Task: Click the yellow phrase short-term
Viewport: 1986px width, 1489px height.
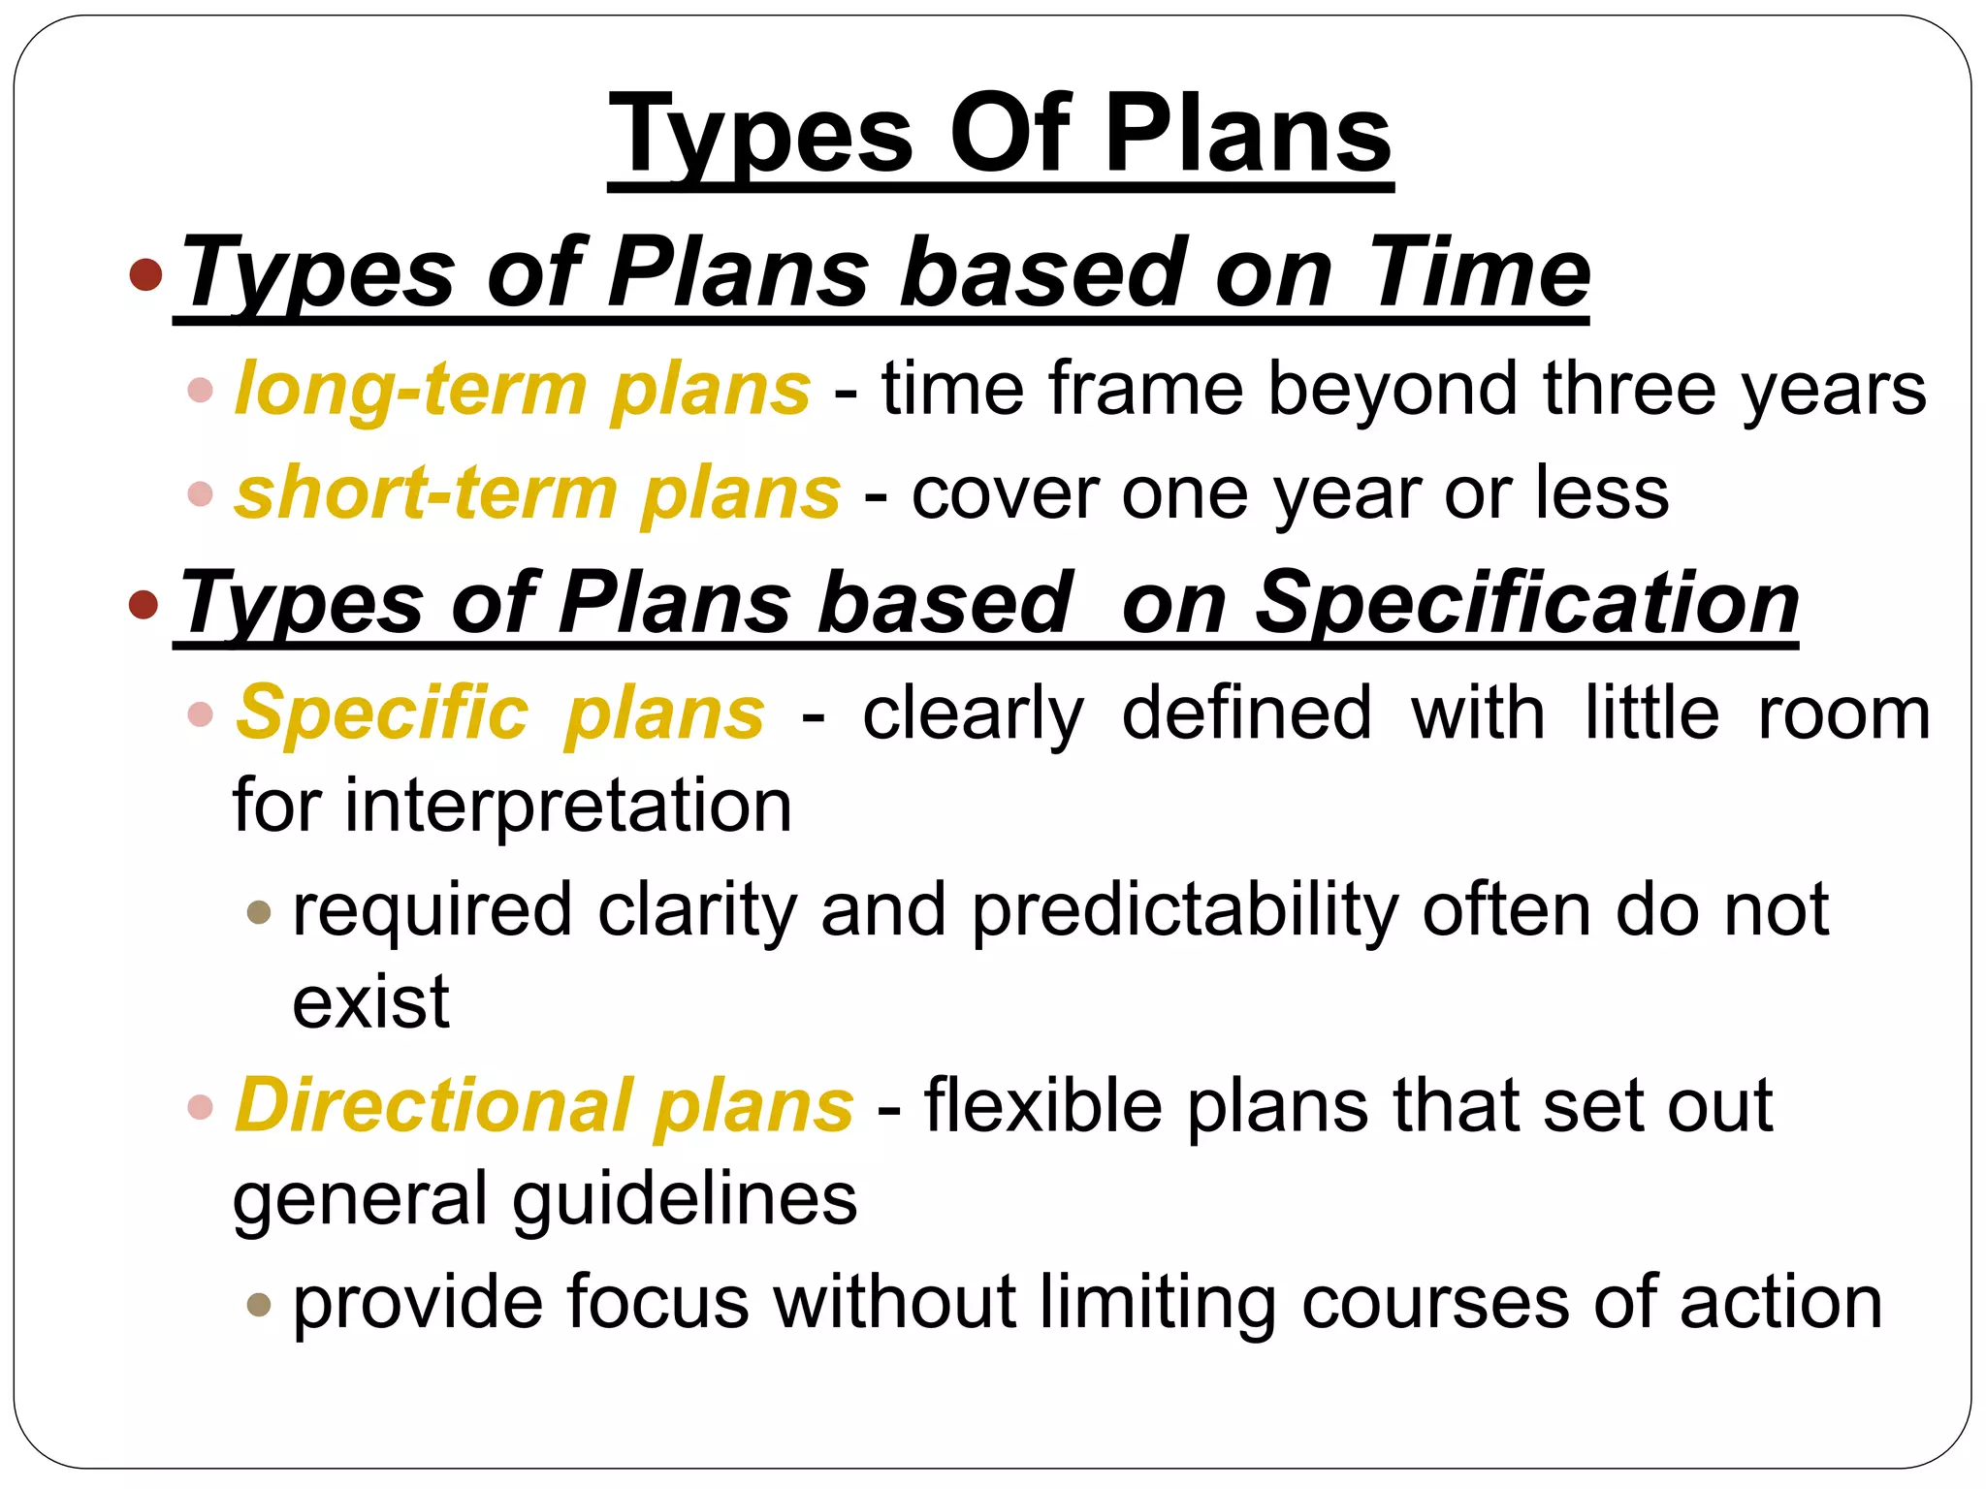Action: [x=427, y=493]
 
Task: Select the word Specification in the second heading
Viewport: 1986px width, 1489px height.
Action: [x=1526, y=602]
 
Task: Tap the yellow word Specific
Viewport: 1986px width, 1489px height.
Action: [x=383, y=713]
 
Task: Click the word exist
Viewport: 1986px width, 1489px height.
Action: [x=370, y=1001]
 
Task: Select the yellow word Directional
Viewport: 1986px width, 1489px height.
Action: [x=434, y=1105]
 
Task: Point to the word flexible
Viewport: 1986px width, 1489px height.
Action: [x=1043, y=1105]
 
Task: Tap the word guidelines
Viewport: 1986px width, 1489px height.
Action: [x=685, y=1199]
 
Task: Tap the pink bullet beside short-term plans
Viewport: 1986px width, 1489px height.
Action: [x=200, y=494]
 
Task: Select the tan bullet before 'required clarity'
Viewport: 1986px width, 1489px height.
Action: [x=258, y=912]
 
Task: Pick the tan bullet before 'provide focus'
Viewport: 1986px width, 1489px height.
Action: [x=258, y=1304]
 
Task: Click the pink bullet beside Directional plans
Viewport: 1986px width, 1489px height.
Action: [x=200, y=1107]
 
